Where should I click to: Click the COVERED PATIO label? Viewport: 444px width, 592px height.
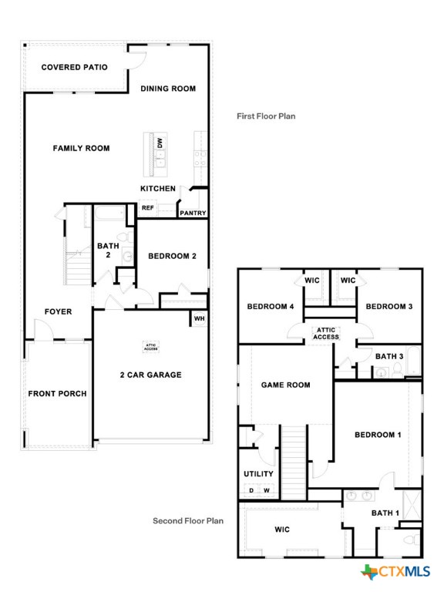pyautogui.click(x=74, y=67)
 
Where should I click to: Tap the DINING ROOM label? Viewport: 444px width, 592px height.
pyautogui.click(x=168, y=89)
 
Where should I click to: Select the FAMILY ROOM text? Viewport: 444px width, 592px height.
pyautogui.click(x=81, y=148)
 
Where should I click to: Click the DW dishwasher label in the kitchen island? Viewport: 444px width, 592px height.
pyautogui.click(x=160, y=143)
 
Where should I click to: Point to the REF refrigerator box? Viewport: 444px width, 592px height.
pyautogui.click(x=148, y=207)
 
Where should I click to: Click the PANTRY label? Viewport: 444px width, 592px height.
pyautogui.click(x=193, y=213)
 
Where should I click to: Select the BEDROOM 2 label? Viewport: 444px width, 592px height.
pyautogui.click(x=173, y=256)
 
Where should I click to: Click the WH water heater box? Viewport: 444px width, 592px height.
pyautogui.click(x=199, y=318)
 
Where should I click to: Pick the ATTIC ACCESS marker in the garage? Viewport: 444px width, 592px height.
pyautogui.click(x=150, y=348)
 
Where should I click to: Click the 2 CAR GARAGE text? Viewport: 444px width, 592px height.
pyautogui.click(x=150, y=375)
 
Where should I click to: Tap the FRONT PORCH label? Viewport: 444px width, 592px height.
pyautogui.click(x=57, y=394)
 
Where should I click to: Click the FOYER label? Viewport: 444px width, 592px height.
pyautogui.click(x=58, y=311)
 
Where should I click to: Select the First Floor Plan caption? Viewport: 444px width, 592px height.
pyautogui.click(x=265, y=116)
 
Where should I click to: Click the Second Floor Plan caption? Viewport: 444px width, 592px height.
pyautogui.click(x=187, y=521)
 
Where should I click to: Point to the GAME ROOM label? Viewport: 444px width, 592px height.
pyautogui.click(x=285, y=385)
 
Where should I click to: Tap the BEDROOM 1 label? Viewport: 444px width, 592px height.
pyautogui.click(x=378, y=435)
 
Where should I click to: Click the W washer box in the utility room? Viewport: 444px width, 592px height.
pyautogui.click(x=267, y=490)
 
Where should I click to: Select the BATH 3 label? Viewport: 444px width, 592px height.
pyautogui.click(x=389, y=356)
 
